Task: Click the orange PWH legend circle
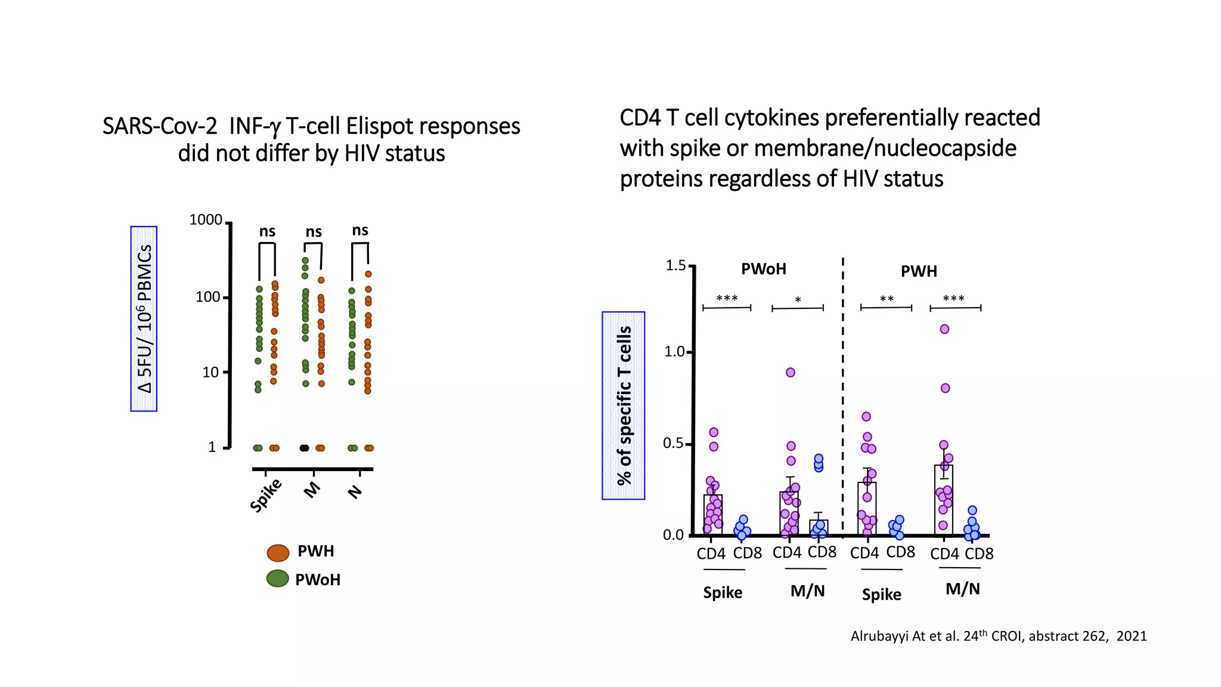(x=278, y=553)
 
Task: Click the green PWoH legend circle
(x=277, y=578)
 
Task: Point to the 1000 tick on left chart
(x=206, y=220)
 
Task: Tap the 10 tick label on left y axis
(x=210, y=373)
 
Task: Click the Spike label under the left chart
(x=266, y=495)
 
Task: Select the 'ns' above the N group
(x=360, y=230)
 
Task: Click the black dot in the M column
(x=304, y=448)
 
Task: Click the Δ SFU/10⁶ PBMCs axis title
(x=144, y=318)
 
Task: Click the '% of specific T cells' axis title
(x=624, y=406)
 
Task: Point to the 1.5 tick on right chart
(x=675, y=265)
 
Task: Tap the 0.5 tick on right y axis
(x=674, y=443)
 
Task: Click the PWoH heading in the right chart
(x=763, y=269)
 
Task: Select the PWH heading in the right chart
(x=919, y=271)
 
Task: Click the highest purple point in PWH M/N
(x=944, y=329)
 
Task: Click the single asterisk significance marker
(x=798, y=300)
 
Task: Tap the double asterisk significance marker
(x=887, y=299)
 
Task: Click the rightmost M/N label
(x=962, y=589)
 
